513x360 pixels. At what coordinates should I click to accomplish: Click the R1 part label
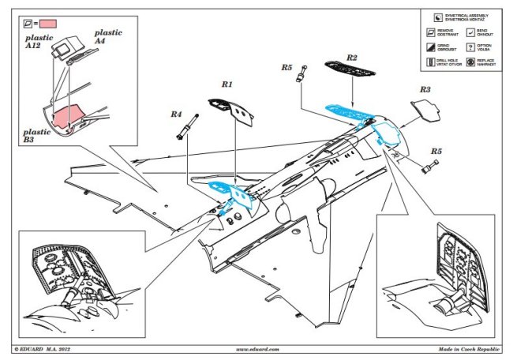point(227,84)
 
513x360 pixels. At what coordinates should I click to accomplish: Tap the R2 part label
point(352,58)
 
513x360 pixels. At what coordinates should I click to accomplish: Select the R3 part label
point(424,91)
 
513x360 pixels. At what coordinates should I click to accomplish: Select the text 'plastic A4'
point(109,36)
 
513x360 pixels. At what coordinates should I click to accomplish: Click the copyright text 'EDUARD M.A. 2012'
point(43,348)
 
